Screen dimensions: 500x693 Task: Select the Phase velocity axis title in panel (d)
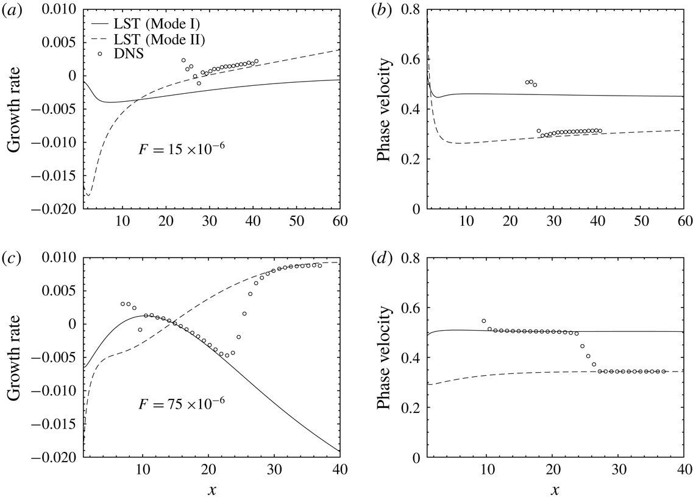point(384,358)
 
